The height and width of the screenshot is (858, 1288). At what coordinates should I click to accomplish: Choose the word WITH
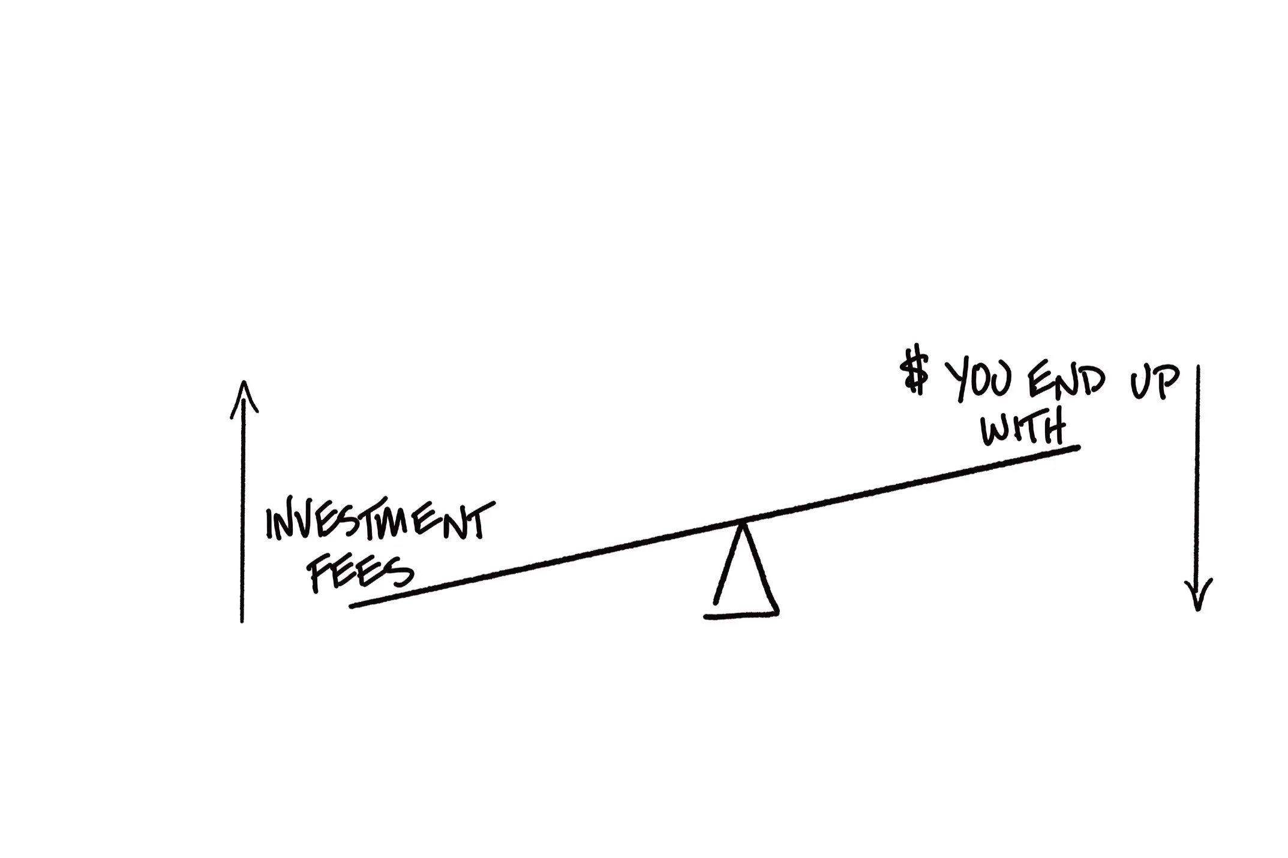1025,427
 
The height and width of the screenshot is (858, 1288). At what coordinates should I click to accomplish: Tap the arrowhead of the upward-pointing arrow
243,395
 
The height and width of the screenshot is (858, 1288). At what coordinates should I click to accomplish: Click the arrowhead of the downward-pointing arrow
1198,597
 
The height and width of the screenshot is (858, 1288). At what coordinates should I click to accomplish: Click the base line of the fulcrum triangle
741,615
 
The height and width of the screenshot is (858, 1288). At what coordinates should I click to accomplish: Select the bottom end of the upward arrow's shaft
242,621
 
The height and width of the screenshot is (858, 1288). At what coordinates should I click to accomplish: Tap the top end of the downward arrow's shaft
1197,367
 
